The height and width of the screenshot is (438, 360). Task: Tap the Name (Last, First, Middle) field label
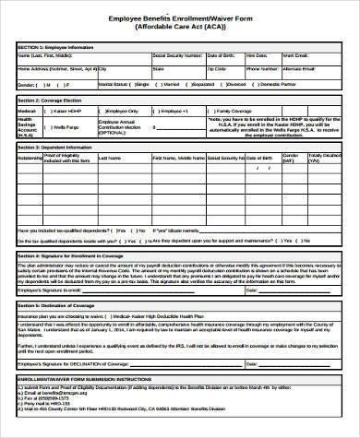46,54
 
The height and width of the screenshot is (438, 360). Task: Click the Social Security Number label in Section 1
179,54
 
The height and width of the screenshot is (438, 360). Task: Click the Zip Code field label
216,68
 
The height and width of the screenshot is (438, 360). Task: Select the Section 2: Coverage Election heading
51,98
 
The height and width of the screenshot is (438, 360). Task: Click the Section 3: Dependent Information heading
55,147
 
